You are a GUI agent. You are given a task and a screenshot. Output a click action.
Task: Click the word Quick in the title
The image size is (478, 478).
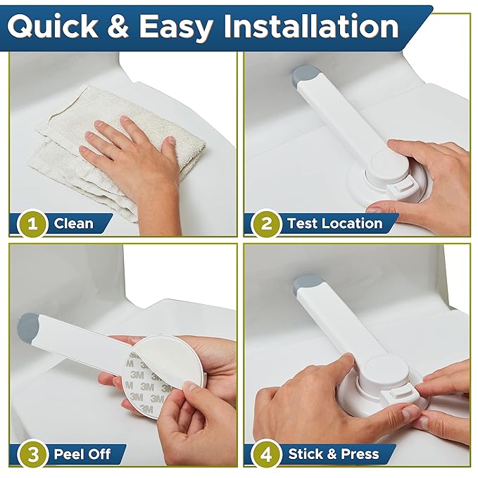[x=53, y=26]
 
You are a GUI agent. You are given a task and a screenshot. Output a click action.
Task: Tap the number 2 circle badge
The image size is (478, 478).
[x=267, y=224]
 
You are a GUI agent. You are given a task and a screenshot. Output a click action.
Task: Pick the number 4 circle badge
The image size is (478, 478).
[x=267, y=453]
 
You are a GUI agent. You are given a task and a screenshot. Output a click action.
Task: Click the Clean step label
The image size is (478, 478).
[x=73, y=224]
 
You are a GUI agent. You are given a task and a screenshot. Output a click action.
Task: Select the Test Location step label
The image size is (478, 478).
[x=334, y=224]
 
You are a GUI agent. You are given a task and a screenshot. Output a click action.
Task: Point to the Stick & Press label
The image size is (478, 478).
[x=333, y=453]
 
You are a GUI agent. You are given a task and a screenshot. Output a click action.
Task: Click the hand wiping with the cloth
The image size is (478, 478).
[x=134, y=151]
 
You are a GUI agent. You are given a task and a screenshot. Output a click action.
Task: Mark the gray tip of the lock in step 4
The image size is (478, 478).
[x=305, y=284]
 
